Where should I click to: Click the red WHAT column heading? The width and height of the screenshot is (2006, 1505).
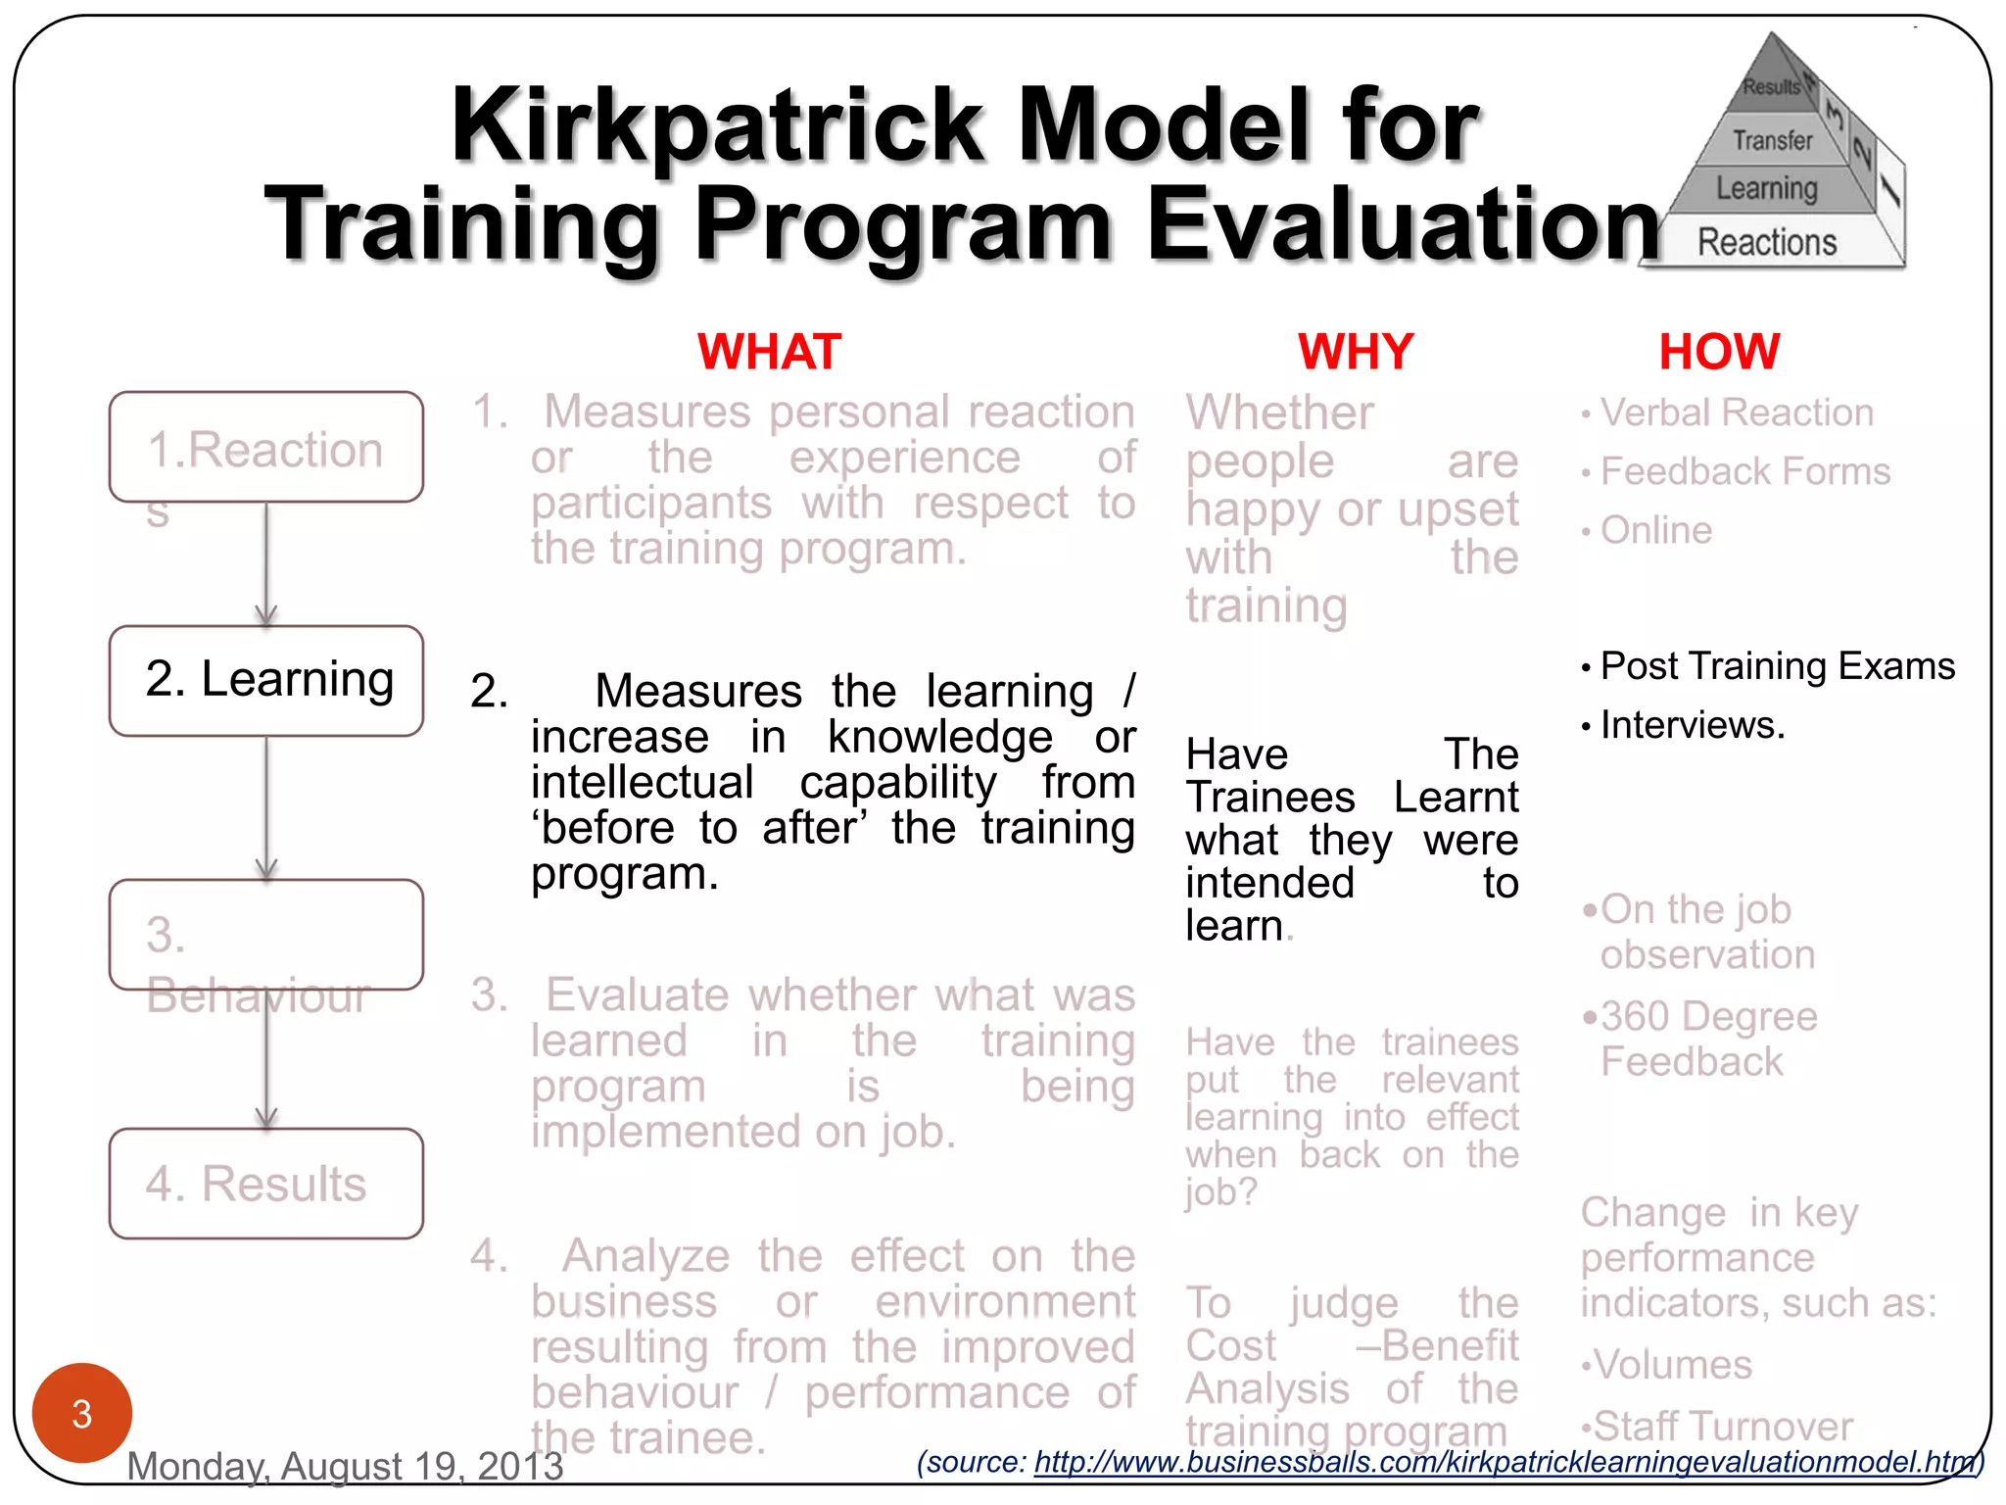[x=769, y=351]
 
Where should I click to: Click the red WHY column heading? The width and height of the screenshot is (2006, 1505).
[x=1356, y=351]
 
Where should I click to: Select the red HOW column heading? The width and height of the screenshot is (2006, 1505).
[x=1719, y=351]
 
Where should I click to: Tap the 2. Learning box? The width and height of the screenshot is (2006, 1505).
[x=266, y=680]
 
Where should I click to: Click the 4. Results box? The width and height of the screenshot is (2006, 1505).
[x=266, y=1184]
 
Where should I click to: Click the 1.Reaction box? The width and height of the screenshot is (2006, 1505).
[x=266, y=449]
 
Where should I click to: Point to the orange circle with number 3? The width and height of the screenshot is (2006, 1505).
[x=82, y=1412]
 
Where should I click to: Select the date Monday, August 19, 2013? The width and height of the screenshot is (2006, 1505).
[x=345, y=1466]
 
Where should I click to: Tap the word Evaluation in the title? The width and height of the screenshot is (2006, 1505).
[x=1401, y=225]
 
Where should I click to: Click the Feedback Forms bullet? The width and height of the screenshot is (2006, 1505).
[x=1744, y=471]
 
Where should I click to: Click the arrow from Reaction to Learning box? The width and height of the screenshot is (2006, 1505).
[x=266, y=563]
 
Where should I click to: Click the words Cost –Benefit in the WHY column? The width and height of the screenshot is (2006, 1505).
[x=1352, y=1346]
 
